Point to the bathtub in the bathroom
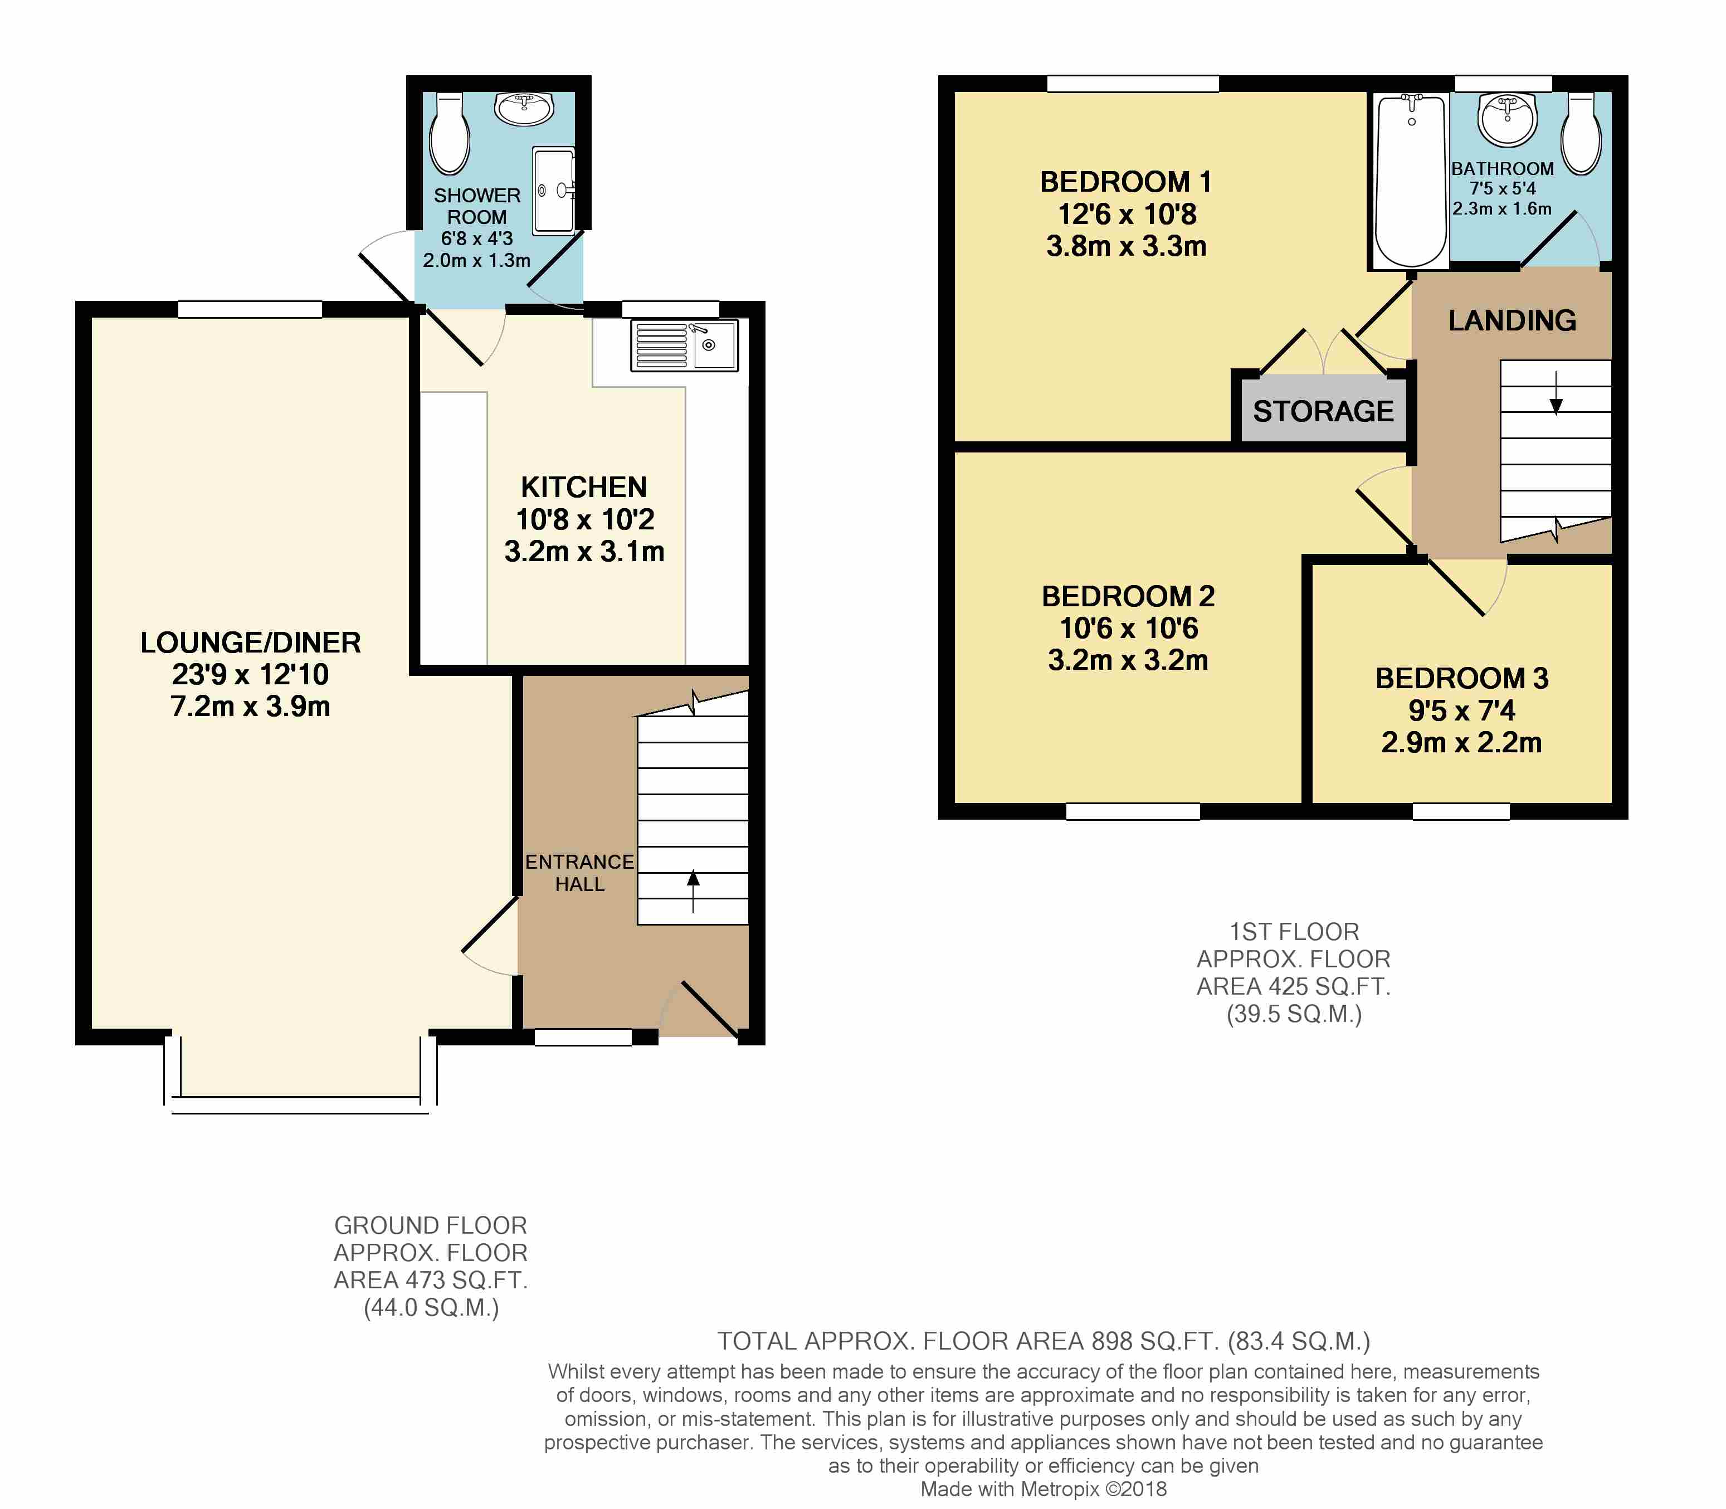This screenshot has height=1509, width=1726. (1411, 181)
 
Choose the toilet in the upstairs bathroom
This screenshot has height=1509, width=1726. (1581, 133)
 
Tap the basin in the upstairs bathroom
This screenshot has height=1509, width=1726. (1508, 119)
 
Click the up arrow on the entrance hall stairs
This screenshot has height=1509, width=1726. (693, 891)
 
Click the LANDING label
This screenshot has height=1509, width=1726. (1512, 320)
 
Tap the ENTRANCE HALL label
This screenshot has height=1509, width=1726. (579, 873)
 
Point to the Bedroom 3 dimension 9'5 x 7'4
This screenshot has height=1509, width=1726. (1461, 710)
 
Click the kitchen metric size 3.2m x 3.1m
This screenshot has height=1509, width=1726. (584, 552)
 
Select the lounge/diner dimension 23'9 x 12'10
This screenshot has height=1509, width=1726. (250, 674)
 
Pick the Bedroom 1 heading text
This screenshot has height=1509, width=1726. (1126, 182)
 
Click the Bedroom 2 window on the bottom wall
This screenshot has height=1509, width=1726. (1133, 812)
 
